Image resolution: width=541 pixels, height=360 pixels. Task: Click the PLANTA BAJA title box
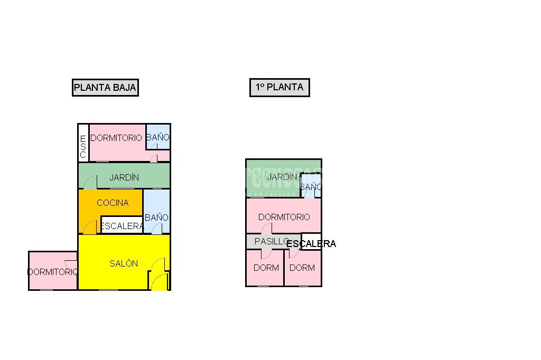click(105, 88)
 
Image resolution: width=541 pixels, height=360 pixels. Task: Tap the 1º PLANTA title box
click(279, 88)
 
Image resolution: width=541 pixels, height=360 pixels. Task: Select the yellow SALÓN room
click(124, 263)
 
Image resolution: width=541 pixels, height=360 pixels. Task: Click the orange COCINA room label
click(113, 203)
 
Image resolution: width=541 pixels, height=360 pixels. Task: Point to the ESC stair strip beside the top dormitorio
click(83, 143)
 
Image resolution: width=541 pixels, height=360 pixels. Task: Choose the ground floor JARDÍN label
click(124, 177)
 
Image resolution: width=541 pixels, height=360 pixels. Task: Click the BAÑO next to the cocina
click(156, 217)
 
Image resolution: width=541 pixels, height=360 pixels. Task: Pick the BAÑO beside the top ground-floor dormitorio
click(157, 138)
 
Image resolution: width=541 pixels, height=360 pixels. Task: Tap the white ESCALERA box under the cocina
click(122, 226)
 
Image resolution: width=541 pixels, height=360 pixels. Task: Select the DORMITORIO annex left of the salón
click(52, 272)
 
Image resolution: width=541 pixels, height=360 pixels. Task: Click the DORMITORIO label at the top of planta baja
click(116, 138)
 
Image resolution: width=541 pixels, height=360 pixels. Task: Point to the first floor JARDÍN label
click(282, 177)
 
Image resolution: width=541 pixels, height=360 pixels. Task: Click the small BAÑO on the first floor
click(311, 187)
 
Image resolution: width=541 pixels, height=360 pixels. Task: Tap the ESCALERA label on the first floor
click(311, 243)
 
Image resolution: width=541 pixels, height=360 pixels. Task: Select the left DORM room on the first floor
click(266, 268)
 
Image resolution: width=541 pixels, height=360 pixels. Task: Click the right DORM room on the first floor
click(302, 268)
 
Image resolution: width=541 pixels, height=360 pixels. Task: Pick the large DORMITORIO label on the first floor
click(284, 217)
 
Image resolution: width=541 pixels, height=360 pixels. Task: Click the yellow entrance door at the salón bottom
click(158, 282)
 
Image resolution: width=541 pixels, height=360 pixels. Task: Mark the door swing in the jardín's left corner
click(90, 182)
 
